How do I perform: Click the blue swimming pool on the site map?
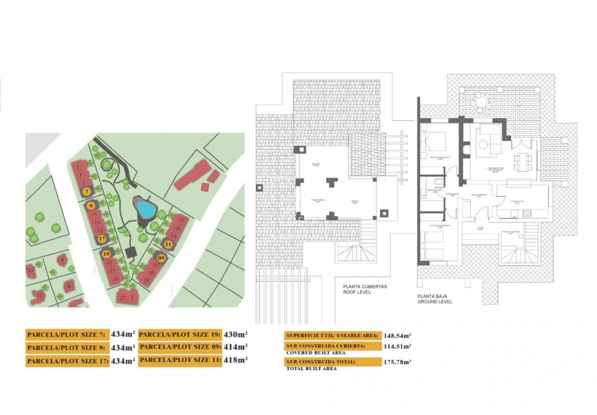145,209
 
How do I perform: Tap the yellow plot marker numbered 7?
86,191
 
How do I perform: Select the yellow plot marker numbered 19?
106,254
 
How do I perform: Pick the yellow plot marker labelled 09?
161,257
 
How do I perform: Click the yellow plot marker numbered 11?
168,243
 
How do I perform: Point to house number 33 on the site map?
30,271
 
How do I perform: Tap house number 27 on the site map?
122,298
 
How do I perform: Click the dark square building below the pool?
131,252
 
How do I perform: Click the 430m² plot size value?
235,334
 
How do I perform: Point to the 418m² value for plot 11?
235,360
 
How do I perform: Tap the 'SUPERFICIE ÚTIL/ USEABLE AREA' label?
332,335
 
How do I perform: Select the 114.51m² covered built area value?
397,347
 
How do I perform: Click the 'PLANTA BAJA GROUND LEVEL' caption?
435,299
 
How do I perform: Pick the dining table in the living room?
522,162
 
